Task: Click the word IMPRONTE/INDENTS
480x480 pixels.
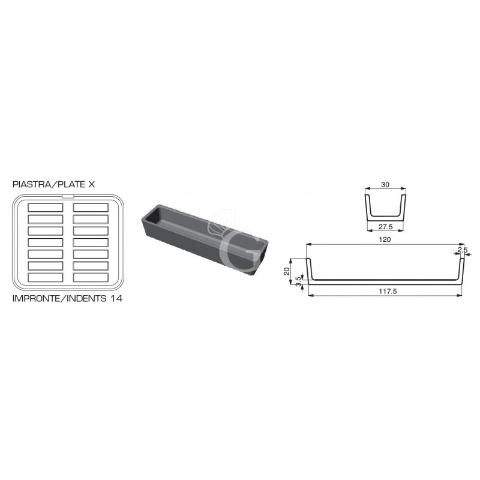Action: point(56,298)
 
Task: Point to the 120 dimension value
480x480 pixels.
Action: point(385,239)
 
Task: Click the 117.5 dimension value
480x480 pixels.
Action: point(385,292)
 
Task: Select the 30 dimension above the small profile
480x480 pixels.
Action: point(385,185)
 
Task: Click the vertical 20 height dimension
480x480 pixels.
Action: point(287,270)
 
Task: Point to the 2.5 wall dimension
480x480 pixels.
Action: point(461,250)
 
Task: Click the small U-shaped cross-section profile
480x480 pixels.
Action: point(385,206)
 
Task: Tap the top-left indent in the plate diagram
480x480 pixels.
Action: point(46,208)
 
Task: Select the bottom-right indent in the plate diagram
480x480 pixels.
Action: point(91,278)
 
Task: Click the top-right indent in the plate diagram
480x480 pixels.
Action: point(91,208)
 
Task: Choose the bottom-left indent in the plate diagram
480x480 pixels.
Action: point(46,278)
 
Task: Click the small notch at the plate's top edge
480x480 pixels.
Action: point(68,195)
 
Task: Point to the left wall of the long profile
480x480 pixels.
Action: point(310,269)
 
